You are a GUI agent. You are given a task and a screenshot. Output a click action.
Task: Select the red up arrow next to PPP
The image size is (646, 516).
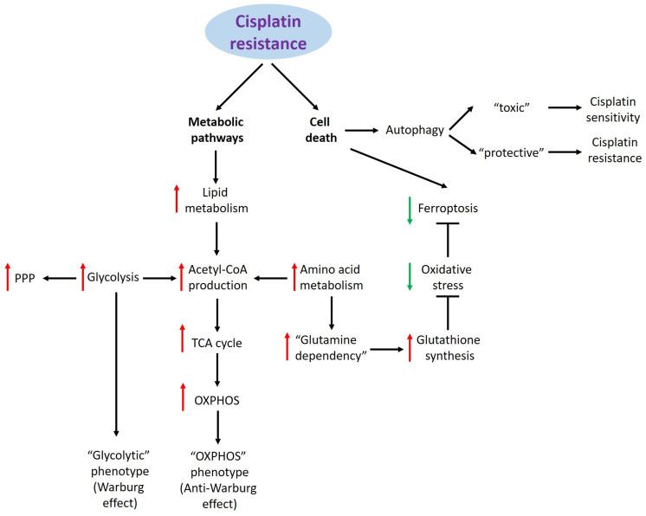8,278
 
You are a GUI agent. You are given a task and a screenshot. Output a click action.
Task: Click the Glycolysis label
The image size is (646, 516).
114,278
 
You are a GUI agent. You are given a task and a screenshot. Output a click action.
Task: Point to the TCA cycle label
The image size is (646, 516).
217,343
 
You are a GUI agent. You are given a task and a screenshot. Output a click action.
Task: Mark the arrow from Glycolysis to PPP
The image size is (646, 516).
59,278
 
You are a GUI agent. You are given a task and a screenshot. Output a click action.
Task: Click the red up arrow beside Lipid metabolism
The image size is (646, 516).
177,198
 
